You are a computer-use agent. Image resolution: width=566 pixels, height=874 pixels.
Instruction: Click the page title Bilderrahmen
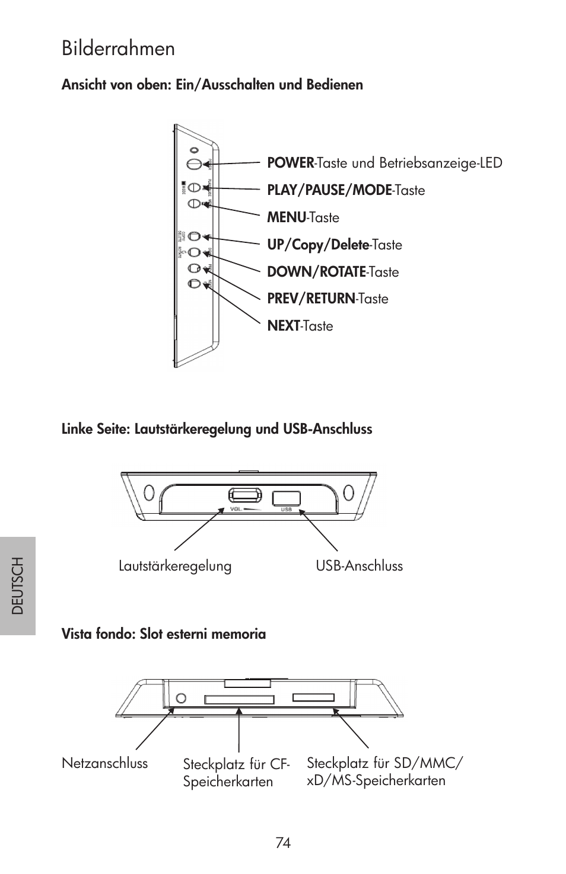pos(118,49)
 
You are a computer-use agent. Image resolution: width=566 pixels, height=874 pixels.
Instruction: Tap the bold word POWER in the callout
pos(290,162)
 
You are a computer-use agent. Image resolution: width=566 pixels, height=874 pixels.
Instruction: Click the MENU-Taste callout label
pos(303,217)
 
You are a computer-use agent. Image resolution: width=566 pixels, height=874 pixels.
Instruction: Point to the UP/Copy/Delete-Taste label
pos(334,245)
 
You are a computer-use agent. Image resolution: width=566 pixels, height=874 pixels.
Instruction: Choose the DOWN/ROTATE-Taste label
pos(333,272)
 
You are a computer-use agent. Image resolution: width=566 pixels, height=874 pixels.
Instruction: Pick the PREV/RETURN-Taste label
pos(327,299)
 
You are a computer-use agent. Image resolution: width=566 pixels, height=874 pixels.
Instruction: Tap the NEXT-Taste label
pos(300,326)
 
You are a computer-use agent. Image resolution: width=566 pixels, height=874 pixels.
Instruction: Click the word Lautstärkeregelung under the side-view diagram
pos(175,566)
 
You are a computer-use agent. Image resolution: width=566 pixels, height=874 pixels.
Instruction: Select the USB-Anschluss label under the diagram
pos(359,566)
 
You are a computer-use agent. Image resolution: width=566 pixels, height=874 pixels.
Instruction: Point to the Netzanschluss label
pos(104,763)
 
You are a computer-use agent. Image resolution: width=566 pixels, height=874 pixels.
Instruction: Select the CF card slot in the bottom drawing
pos(239,700)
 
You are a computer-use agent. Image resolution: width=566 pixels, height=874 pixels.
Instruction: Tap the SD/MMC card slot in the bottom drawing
pos(313,698)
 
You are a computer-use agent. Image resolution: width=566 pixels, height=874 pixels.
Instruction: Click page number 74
pos(283,843)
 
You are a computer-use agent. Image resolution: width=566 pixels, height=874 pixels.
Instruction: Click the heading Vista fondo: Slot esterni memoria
pos(164,634)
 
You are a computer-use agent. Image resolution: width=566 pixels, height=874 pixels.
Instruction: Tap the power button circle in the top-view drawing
pos(193,164)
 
